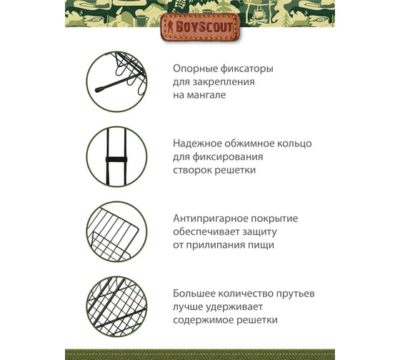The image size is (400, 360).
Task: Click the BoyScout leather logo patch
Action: click(200, 27)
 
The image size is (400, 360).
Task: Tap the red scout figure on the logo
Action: click(170, 27)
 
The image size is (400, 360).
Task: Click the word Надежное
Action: click(197, 144)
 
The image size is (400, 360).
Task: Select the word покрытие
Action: click(275, 219)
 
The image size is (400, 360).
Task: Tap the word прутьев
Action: click(296, 294)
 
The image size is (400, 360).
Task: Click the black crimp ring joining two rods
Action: click(116, 159)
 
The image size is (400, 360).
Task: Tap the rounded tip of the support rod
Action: click(99, 89)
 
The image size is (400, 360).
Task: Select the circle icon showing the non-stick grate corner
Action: click(117, 231)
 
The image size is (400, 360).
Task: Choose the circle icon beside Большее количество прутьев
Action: click(117, 306)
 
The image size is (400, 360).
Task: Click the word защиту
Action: click(259, 232)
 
